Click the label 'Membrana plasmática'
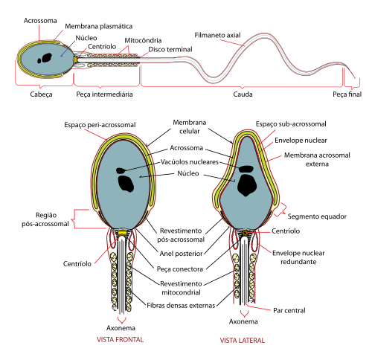[99, 26]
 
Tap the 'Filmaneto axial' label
[217, 35]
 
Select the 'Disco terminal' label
[170, 49]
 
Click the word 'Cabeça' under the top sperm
[41, 94]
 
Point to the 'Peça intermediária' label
[104, 94]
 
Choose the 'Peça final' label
[347, 94]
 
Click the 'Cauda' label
[243, 94]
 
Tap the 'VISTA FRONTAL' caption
[121, 339]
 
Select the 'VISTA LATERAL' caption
[243, 341]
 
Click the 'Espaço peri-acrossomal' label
[100, 125]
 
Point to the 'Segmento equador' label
[317, 216]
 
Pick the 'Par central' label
[289, 311]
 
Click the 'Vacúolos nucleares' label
[190, 162]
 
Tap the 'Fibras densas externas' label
[181, 306]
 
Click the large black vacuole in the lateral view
[247, 185]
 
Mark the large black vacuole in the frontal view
[126, 184]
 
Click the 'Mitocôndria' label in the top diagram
[143, 40]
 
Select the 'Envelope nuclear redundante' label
[298, 257]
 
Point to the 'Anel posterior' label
[181, 254]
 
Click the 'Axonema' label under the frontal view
[121, 328]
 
